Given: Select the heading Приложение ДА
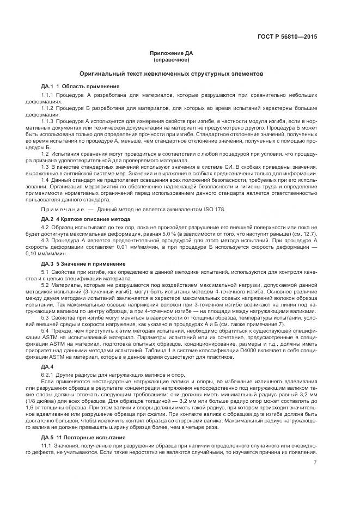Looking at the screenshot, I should pos(172,53).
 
